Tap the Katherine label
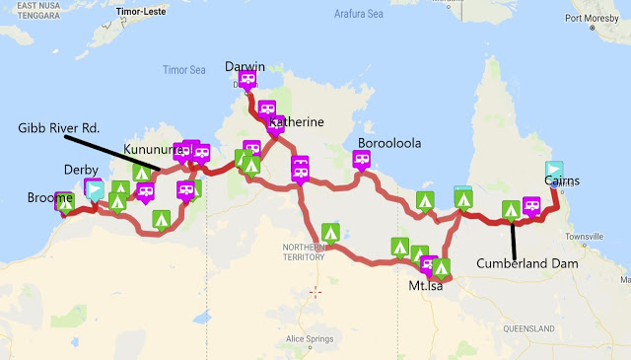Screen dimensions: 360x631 (295, 123)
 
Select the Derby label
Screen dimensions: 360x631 (81, 170)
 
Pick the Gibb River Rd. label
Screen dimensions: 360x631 (59, 129)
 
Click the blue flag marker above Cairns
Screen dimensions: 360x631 (555, 170)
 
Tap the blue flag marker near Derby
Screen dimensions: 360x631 (95, 188)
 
